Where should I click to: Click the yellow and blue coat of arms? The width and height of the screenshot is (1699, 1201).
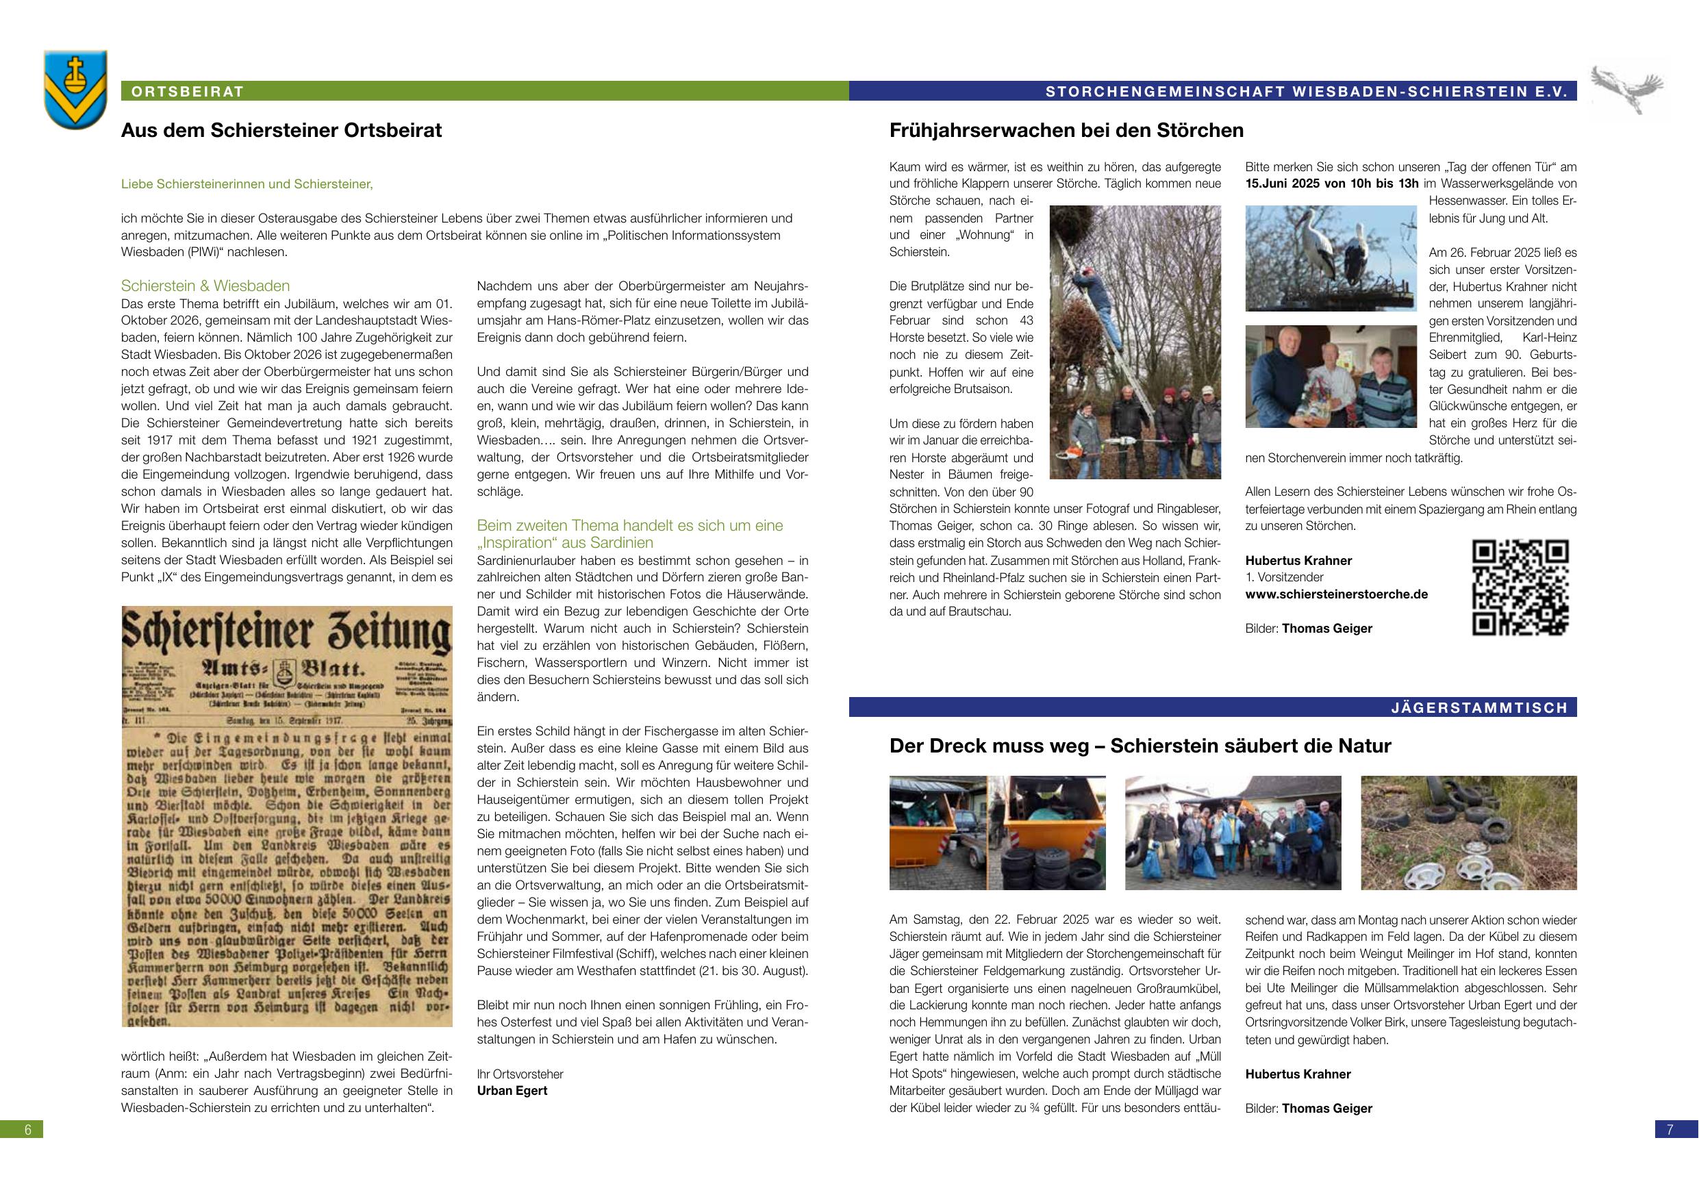point(75,89)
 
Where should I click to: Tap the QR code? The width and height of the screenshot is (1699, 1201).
point(1520,587)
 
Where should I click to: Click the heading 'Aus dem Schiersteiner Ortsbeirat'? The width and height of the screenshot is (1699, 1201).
point(281,131)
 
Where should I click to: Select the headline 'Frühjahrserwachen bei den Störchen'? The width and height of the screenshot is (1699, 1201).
point(1066,131)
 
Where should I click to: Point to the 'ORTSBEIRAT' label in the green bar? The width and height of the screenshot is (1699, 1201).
point(187,92)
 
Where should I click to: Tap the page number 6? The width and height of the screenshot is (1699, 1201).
point(28,1129)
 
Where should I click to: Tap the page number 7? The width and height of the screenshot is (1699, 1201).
point(1670,1129)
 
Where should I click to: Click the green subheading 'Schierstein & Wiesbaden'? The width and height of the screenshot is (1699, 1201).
point(205,286)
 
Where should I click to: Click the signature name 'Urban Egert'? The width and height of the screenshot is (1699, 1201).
point(512,1091)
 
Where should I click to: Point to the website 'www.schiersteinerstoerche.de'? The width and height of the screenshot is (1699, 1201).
point(1337,594)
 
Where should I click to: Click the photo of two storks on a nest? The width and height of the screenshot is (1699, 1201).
point(1331,257)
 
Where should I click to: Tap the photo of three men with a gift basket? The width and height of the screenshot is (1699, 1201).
point(1331,376)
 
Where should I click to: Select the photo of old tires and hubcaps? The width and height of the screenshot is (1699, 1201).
point(1469,833)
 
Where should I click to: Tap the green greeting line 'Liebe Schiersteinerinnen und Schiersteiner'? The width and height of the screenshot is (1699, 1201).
point(247,184)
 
